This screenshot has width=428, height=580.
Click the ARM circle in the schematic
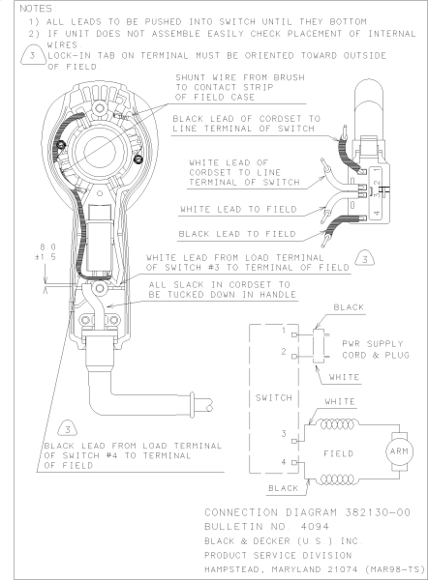click(x=399, y=451)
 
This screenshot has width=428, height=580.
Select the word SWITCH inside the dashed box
click(x=273, y=398)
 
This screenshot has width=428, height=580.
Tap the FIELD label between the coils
click(x=338, y=453)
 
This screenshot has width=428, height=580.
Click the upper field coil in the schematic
click(x=338, y=424)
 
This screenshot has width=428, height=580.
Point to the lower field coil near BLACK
click(x=338, y=479)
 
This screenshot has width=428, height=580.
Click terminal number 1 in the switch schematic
click(x=284, y=330)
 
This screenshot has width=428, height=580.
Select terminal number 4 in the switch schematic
click(x=284, y=462)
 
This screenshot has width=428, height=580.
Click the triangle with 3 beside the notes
click(x=33, y=56)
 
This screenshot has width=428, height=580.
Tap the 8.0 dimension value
click(x=47, y=246)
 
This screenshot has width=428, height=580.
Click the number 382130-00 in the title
click(x=378, y=512)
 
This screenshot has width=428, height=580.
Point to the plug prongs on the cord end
click(x=202, y=404)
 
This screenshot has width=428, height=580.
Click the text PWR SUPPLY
click(x=373, y=344)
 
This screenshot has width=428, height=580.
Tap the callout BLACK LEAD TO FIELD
click(x=237, y=234)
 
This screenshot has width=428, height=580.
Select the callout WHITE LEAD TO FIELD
click(x=238, y=210)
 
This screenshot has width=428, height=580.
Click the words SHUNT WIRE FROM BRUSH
click(x=240, y=77)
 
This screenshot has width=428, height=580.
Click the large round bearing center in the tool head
click(x=100, y=151)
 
